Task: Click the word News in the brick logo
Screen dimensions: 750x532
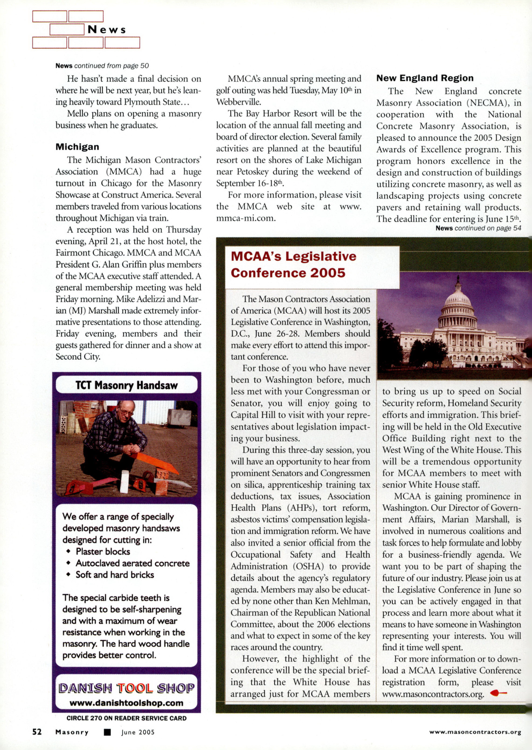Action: point(107,30)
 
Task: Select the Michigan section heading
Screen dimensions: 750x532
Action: point(77,147)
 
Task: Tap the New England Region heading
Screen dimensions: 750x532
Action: point(425,78)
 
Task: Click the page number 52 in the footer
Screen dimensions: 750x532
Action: point(37,732)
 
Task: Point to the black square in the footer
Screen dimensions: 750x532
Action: point(107,732)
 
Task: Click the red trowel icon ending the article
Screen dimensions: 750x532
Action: point(499,693)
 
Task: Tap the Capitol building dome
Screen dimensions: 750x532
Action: point(458,298)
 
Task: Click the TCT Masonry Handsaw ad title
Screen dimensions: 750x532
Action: point(127,385)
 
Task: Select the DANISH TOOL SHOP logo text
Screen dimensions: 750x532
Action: point(127,688)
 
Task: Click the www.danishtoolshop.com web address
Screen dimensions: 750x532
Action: point(127,703)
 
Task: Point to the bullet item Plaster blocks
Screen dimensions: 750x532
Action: point(103,551)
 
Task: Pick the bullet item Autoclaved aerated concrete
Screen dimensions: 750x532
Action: point(132,563)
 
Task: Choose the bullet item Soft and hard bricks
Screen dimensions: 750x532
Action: point(114,575)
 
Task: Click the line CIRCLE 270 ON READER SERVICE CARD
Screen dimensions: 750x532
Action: point(127,718)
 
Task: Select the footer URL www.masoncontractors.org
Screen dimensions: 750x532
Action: point(475,732)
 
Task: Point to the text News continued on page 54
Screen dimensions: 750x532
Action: point(478,228)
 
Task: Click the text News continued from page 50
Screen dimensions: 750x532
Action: point(102,66)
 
